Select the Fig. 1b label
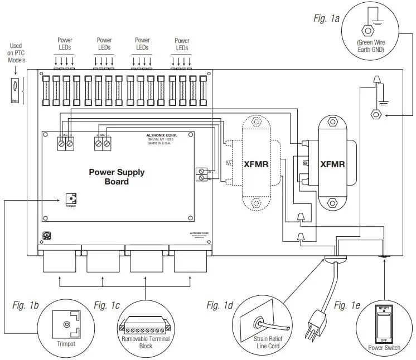[x=25, y=305]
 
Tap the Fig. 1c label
[x=107, y=305]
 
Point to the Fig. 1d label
[x=220, y=305]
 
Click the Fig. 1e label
[x=347, y=305]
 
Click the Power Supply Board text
[x=117, y=177]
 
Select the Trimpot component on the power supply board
[x=71, y=199]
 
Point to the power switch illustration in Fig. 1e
[x=383, y=325]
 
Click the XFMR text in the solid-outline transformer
[x=332, y=165]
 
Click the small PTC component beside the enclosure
[x=15, y=87]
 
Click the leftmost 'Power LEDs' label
[x=65, y=44]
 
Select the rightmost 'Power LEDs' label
[x=182, y=44]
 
